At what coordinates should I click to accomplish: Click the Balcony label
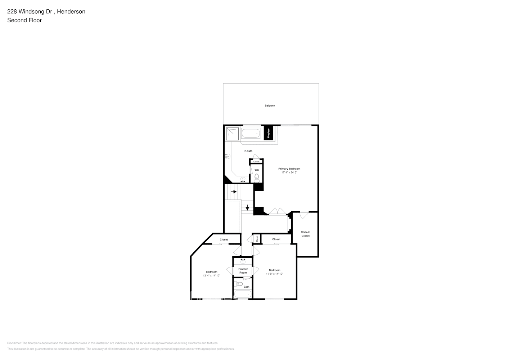tap(270, 105)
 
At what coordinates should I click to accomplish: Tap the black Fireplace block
tap(268, 133)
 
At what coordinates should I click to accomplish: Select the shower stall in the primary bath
tap(232, 133)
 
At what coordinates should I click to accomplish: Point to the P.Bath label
tap(248, 151)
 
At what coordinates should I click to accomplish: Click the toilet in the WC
tap(257, 177)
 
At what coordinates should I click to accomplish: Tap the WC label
tap(257, 170)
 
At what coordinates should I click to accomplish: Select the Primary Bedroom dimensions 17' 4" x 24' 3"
tap(289, 172)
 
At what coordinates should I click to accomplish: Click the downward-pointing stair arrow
tap(247, 208)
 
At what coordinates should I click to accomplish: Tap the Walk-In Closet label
tap(306, 234)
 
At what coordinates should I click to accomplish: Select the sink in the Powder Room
tap(243, 260)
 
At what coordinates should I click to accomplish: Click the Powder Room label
tap(243, 271)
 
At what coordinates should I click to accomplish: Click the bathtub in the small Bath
tap(242, 294)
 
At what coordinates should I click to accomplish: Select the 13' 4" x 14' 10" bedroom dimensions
tap(211, 275)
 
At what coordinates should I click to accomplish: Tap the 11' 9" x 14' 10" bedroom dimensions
tap(275, 274)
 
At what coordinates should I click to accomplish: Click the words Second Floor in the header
tap(24, 20)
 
